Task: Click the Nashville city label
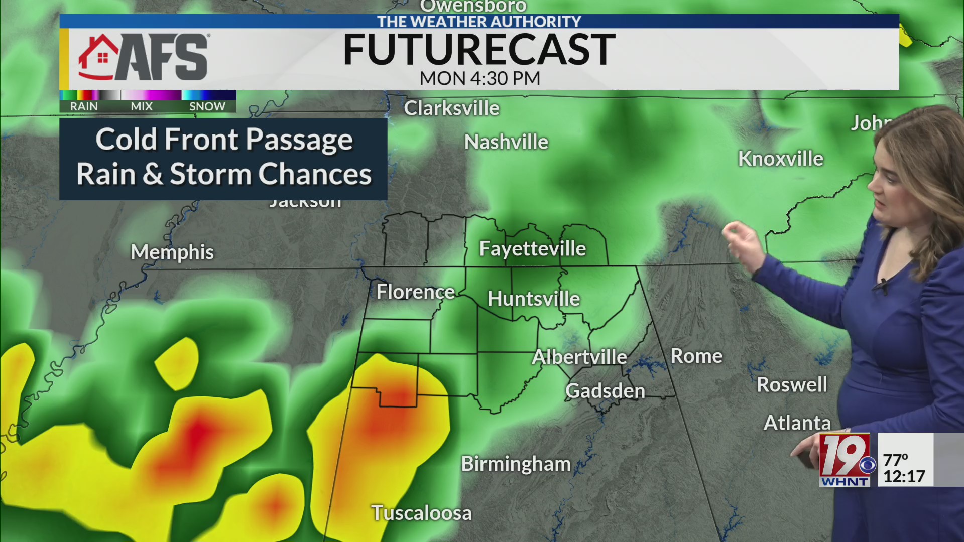506,142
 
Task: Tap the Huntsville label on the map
534,299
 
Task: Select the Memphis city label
172,252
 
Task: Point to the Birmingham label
516,464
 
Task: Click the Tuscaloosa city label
422,513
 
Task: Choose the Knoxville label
781,159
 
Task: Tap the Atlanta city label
797,423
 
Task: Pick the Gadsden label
605,391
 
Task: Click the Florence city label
416,292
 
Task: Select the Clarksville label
452,108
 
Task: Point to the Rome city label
696,356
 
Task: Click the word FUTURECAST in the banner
479,50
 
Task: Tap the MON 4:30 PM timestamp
479,78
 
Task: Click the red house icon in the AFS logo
98,57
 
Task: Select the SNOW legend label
207,106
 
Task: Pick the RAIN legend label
84,106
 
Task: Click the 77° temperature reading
896,460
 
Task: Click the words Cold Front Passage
224,140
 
